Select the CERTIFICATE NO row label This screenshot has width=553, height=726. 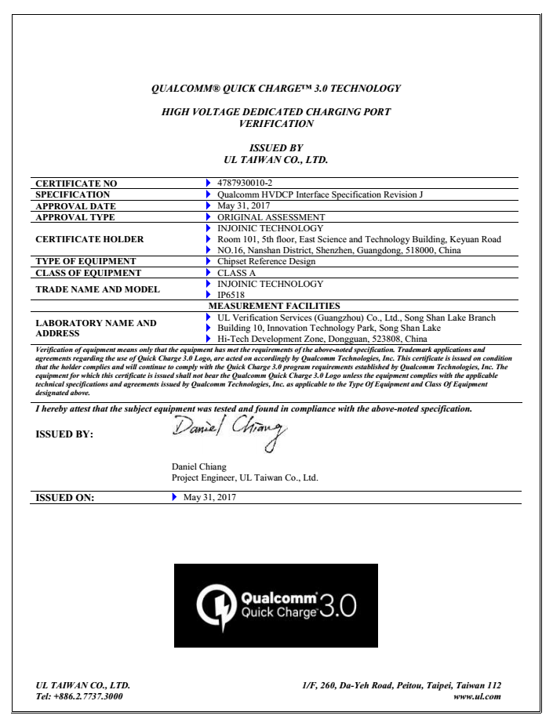click(x=77, y=184)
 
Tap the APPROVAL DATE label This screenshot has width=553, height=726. click(x=75, y=205)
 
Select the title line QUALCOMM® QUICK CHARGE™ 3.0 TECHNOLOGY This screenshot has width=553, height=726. click(x=276, y=88)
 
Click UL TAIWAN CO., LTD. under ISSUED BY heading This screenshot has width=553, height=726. click(x=276, y=159)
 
